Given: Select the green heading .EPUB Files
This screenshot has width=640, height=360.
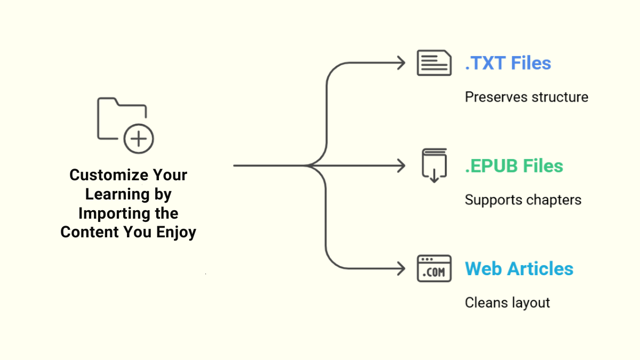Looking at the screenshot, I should (514, 166).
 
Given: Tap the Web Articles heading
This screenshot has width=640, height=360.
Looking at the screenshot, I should (519, 269).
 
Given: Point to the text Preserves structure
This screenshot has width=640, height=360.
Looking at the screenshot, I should (526, 97).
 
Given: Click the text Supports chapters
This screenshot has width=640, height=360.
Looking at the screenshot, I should (523, 200).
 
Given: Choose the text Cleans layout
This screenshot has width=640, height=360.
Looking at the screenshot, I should (507, 303).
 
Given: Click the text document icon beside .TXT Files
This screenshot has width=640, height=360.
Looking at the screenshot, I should (434, 63).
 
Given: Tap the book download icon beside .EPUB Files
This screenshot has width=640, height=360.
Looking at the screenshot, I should (434, 166).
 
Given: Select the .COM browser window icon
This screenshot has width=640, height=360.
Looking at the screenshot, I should (434, 269).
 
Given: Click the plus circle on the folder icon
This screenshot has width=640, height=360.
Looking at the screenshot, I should (139, 139).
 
